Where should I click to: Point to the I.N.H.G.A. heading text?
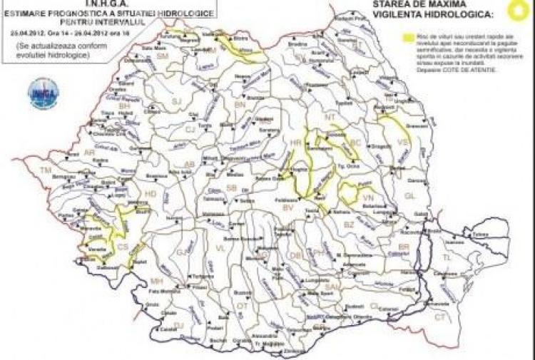pyautogui.click(x=105, y=4)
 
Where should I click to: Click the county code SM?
pyautogui.click(x=162, y=56)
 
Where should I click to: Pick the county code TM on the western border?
pyautogui.click(x=46, y=171)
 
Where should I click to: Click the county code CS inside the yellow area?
pyautogui.click(x=123, y=247)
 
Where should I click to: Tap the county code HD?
pyautogui.click(x=151, y=194)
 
